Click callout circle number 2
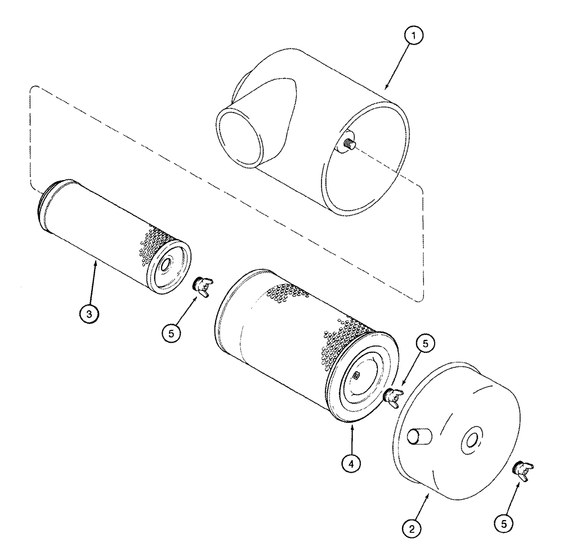(x=413, y=528)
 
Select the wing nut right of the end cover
(x=524, y=469)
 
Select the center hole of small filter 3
(x=167, y=264)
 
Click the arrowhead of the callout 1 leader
(x=386, y=88)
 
